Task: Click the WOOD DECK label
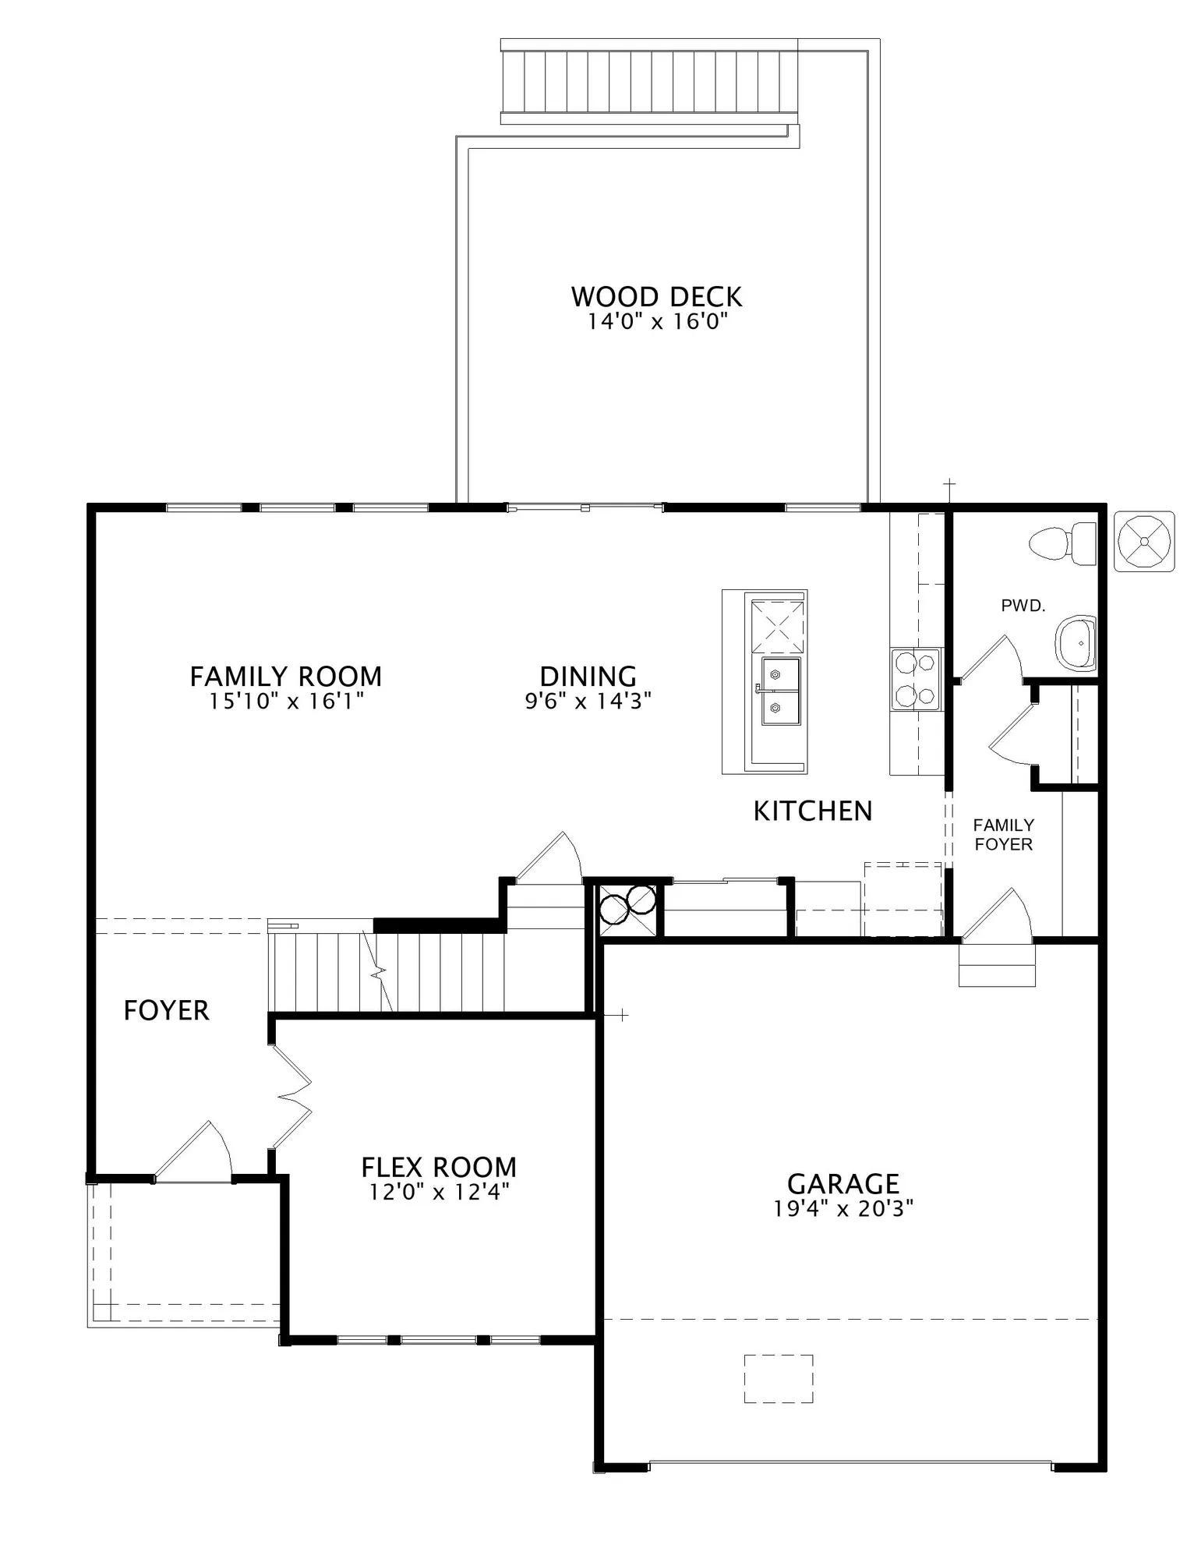[x=656, y=296]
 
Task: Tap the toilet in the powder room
[x=1062, y=543]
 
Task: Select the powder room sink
[x=1076, y=643]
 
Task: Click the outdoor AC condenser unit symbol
[x=1144, y=541]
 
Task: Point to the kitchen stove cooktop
[x=916, y=679]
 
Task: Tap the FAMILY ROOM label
[x=286, y=676]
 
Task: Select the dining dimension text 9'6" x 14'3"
[x=588, y=701]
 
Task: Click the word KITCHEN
[x=813, y=811]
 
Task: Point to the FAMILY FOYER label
[x=1004, y=834]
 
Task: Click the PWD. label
[x=1023, y=605]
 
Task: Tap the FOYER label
[x=167, y=1010]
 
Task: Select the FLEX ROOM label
[x=439, y=1167]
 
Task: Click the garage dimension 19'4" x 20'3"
[x=843, y=1208]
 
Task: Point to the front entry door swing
[x=193, y=1151]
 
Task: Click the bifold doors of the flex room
[x=292, y=1096]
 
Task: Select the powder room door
[x=990, y=659]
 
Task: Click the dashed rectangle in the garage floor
[x=779, y=1379]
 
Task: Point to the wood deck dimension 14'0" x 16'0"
[x=657, y=321]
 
